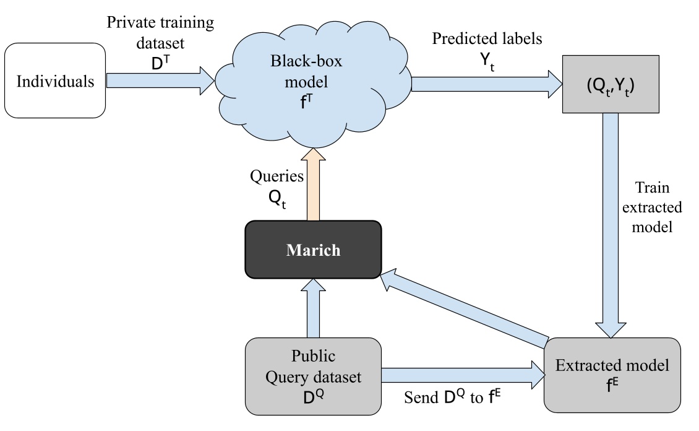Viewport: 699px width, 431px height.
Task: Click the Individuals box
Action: tap(55, 81)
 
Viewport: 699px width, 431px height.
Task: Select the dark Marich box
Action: tap(312, 250)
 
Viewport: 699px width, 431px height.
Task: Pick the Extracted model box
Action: tap(612, 374)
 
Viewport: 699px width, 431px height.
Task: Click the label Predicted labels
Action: tap(487, 38)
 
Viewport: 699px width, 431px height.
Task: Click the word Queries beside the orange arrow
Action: tap(277, 176)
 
